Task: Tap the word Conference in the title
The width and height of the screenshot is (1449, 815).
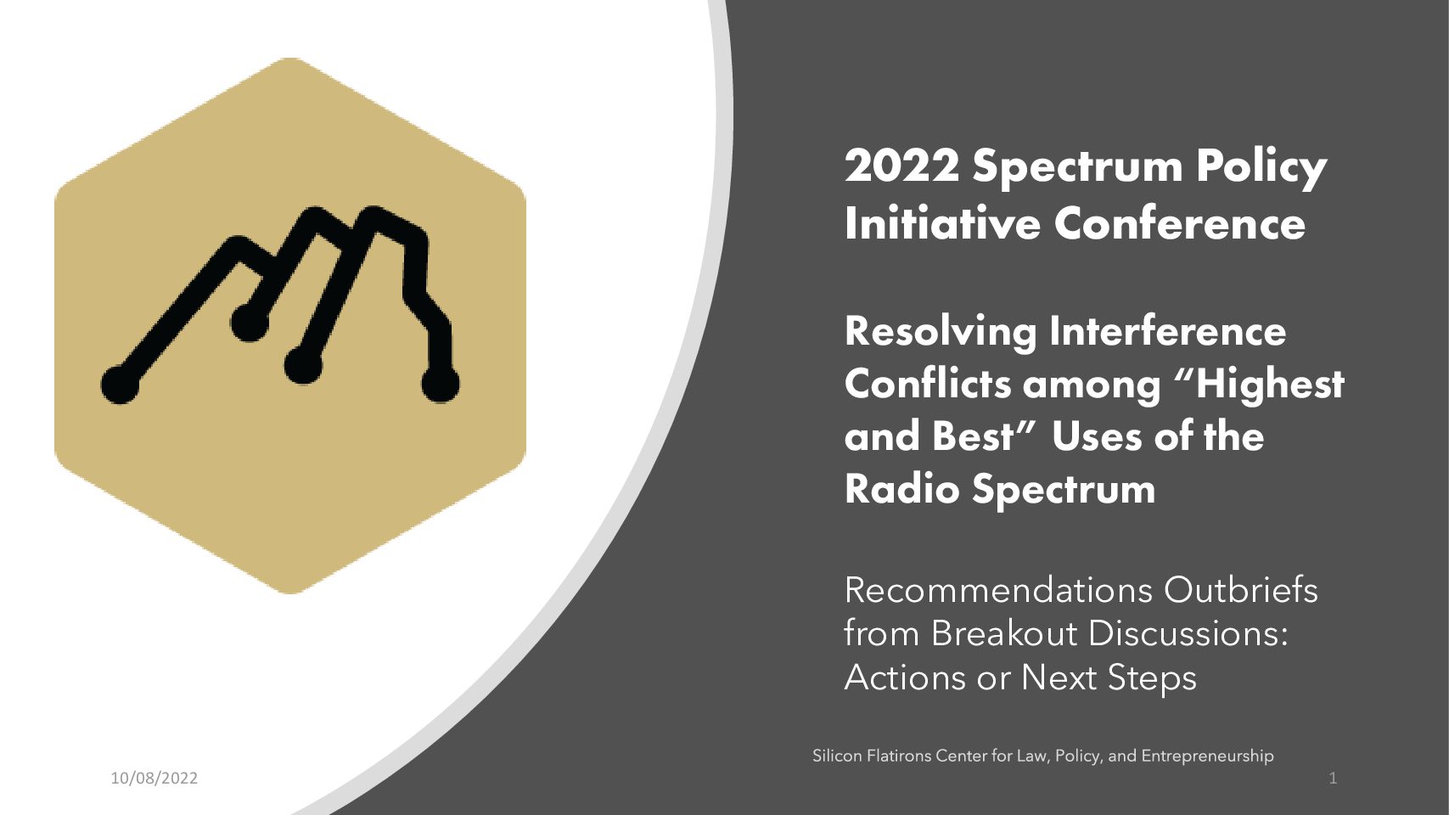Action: click(x=1179, y=223)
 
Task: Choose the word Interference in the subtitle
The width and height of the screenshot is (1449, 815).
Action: click(x=1168, y=330)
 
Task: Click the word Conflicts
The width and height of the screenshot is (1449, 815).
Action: click(x=927, y=383)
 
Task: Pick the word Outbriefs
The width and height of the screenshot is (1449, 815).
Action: click(x=1241, y=590)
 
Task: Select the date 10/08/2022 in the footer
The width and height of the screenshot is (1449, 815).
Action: click(x=154, y=778)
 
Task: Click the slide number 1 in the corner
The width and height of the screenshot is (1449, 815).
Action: click(x=1333, y=778)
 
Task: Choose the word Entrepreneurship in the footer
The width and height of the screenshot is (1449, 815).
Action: click(x=1207, y=756)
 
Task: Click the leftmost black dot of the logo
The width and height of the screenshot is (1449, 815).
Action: click(x=120, y=385)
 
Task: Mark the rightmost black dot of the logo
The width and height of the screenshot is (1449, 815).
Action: click(x=441, y=385)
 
